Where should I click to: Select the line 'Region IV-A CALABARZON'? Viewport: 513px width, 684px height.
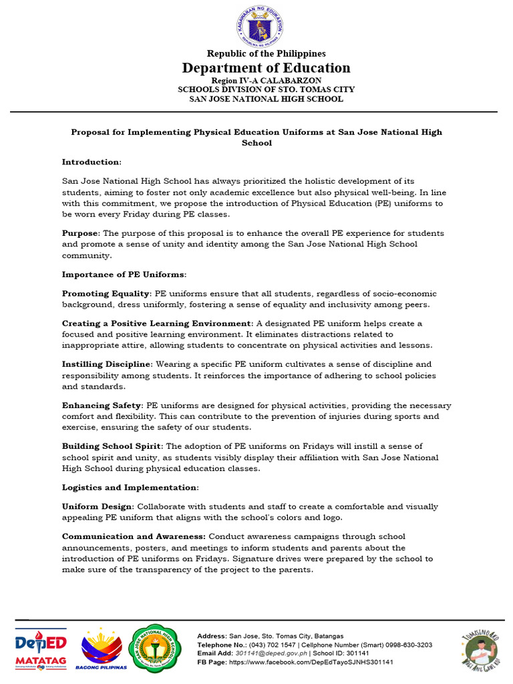[256, 80]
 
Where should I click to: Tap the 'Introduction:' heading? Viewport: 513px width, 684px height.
[92, 162]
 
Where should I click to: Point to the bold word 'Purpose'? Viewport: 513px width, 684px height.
[80, 233]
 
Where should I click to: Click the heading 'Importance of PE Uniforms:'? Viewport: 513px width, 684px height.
[124, 274]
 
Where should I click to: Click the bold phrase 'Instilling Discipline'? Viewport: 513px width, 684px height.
[107, 364]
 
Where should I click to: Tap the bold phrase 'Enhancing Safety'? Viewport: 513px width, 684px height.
[102, 405]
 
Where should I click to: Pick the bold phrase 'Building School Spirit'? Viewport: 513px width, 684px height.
[110, 446]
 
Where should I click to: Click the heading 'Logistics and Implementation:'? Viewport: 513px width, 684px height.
[130, 487]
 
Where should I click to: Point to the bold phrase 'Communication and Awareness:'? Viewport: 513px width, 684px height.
[134, 536]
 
